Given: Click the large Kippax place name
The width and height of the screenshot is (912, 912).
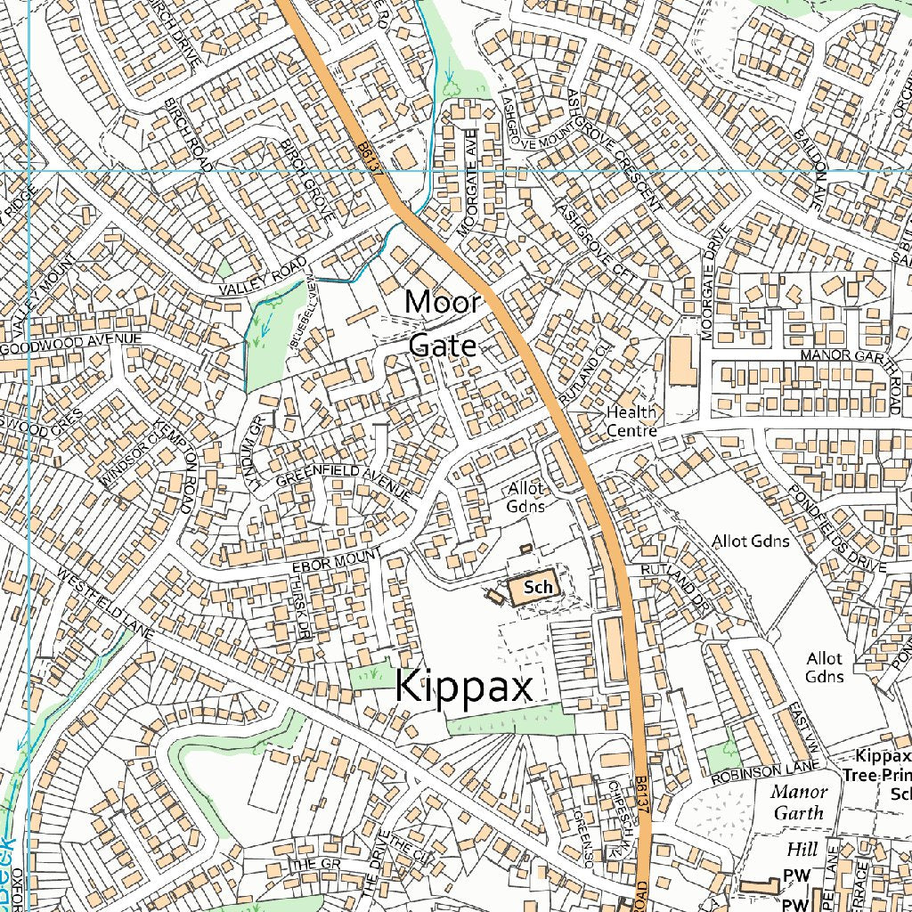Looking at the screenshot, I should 463,688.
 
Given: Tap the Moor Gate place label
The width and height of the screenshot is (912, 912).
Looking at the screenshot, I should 443,323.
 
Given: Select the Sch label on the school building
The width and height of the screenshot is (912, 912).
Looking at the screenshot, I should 538,587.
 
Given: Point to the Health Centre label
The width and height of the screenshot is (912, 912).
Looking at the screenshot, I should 631,421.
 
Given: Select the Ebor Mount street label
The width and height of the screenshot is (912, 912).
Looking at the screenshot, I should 336,561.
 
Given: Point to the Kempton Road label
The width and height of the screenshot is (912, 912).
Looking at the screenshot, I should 175,466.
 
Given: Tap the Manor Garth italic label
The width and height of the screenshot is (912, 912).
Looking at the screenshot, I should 799,802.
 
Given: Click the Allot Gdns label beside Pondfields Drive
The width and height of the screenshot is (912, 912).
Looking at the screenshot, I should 750,541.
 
